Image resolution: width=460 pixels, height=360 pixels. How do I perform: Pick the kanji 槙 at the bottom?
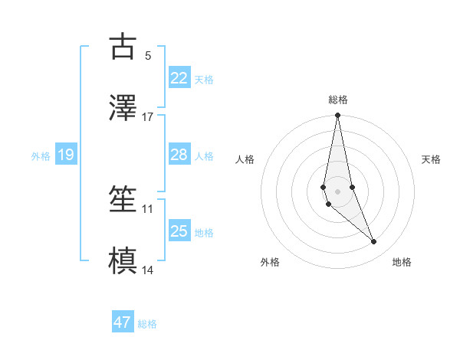tap(123, 260)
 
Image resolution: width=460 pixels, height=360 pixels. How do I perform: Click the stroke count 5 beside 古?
tap(148, 55)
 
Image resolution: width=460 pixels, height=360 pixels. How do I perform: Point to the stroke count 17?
tap(148, 116)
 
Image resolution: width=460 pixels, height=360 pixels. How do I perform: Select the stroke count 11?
tap(148, 208)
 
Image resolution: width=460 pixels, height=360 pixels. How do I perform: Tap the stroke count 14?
tap(148, 270)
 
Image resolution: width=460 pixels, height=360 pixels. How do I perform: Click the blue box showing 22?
tap(179, 77)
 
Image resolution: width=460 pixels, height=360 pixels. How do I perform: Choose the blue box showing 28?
tap(179, 155)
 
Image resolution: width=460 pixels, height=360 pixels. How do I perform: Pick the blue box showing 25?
tap(179, 231)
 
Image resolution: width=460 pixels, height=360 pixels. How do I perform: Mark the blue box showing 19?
tap(65, 155)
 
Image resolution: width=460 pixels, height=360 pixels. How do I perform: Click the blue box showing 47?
tap(123, 322)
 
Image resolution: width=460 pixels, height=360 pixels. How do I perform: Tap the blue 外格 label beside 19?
tap(41, 156)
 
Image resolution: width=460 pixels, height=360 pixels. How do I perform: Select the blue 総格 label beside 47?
tap(147, 324)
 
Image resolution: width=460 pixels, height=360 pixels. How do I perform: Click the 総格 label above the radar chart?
tap(338, 100)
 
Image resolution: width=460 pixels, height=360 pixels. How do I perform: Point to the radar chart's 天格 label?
tap(432, 159)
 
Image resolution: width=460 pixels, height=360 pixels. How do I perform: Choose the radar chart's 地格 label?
tap(402, 262)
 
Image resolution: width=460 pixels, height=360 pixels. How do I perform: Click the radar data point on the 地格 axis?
tap(374, 242)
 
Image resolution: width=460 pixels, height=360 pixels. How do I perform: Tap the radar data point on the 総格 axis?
tap(337, 116)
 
